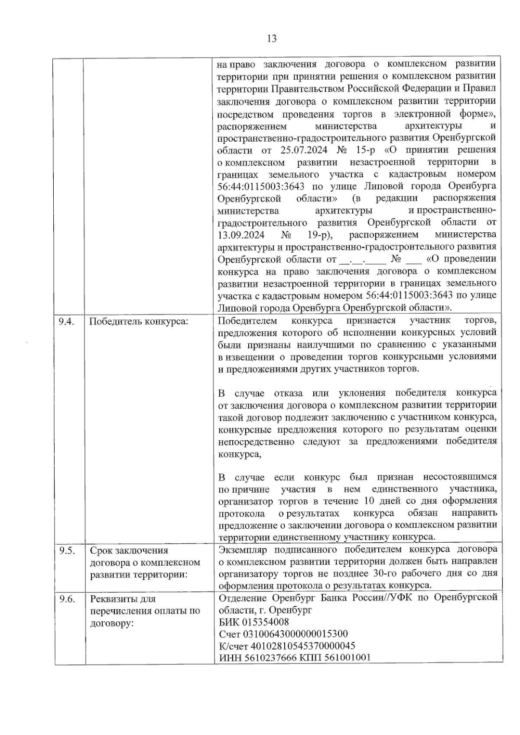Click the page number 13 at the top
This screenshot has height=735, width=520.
pos(272,39)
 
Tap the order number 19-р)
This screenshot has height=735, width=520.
pos(318,235)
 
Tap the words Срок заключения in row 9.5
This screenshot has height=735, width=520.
pos(129,550)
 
